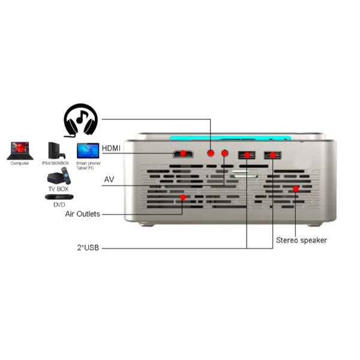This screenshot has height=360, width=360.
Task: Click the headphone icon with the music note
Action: coord(81,119)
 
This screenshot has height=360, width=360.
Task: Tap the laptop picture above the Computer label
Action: coord(20,151)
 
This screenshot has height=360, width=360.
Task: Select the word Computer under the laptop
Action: coord(19,163)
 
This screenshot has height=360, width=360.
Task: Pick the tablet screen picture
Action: coord(87,151)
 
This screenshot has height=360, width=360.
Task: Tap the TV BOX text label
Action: coord(59,189)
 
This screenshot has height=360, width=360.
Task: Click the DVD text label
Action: coord(59,205)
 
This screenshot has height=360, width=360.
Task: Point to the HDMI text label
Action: coord(112,148)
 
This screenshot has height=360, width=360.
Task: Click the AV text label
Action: coord(109,180)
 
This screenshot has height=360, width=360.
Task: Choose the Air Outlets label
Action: coord(83,214)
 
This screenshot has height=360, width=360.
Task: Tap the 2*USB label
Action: coord(88,248)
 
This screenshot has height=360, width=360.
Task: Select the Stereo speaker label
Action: coord(301,241)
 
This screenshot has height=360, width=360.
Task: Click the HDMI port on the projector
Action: coord(183,154)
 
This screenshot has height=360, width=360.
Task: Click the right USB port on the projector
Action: coord(273,155)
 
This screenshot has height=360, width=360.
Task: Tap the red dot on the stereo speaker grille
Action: coord(296,189)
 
